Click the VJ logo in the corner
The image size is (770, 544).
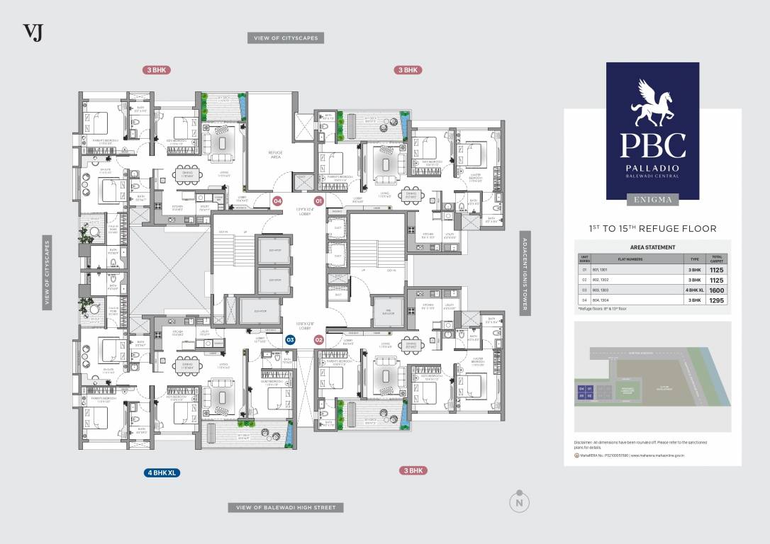pos(33,33)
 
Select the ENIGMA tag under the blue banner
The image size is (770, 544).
pos(652,200)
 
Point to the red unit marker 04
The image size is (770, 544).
pos(278,201)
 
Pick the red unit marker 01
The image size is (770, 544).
pos(319,201)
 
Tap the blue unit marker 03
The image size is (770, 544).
pos(290,340)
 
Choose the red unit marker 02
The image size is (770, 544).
pos(319,340)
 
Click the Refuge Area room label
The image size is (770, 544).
pos(275,154)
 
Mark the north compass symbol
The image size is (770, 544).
pos(520,501)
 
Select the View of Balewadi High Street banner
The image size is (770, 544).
pos(286,507)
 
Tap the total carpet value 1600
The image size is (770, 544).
pos(716,289)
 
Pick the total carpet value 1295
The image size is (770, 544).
pos(716,300)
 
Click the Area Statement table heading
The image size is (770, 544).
pos(652,247)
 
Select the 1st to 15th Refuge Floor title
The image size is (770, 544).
pos(652,228)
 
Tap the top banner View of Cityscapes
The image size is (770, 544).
pos(286,38)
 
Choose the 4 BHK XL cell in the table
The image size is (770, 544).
pos(694,289)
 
